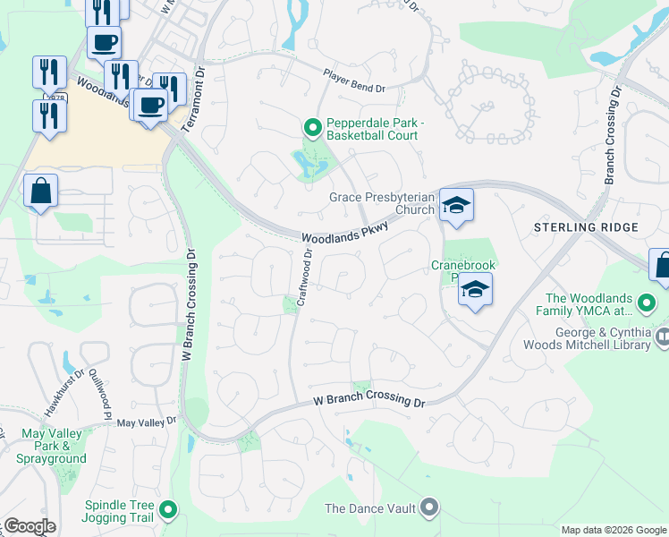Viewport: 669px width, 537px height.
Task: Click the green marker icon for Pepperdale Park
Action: pos(312,129)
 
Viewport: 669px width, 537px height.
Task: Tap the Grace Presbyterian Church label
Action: pos(381,203)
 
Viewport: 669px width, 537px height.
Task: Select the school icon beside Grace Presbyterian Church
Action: pos(455,207)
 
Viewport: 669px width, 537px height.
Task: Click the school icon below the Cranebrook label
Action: pos(476,291)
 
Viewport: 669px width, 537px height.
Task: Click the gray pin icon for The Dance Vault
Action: pos(429,508)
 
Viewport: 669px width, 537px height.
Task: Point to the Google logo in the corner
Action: pos(30,526)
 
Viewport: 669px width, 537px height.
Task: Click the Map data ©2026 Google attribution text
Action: pos(614,530)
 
